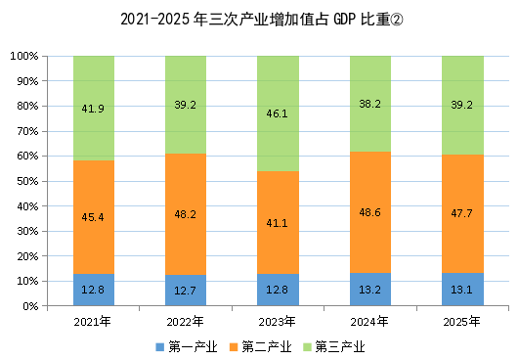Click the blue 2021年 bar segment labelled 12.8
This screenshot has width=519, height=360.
94,290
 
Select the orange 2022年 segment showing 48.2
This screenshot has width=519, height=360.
186,214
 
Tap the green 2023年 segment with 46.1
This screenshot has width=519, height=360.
278,113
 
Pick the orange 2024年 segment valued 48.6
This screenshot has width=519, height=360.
370,212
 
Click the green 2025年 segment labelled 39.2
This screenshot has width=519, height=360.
462,106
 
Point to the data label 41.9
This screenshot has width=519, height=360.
93,109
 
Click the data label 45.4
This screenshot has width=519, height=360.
93,217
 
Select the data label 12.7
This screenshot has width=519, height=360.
185,291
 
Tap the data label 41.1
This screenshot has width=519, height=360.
277,223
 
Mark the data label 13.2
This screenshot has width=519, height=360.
369,290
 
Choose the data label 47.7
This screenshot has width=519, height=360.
461,213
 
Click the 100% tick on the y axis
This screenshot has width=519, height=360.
24,56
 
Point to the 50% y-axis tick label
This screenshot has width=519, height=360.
27,182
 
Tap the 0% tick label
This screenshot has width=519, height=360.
30,306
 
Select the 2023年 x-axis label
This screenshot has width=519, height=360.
277,322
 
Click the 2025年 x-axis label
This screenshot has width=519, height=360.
461,322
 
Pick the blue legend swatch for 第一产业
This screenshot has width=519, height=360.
160,347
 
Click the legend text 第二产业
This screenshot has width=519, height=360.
267,347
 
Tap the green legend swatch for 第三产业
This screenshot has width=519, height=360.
308,347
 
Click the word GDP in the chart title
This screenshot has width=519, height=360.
344,20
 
